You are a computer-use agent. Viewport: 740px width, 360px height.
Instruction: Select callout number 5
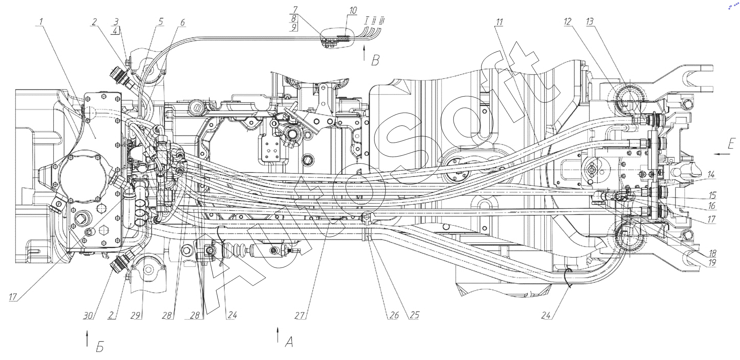pyautogui.click(x=161, y=21)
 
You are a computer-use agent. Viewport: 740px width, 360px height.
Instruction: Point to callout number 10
pyautogui.click(x=352, y=10)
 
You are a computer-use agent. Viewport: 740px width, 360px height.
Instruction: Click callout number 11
pyautogui.click(x=499, y=22)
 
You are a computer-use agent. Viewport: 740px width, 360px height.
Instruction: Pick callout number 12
pyautogui.click(x=568, y=22)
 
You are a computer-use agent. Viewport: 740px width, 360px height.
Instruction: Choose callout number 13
pyautogui.click(x=590, y=22)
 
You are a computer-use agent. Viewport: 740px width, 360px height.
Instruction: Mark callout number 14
pyautogui.click(x=711, y=175)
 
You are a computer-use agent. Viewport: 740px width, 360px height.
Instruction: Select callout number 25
pyautogui.click(x=414, y=315)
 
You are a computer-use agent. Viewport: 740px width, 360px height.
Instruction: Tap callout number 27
pyautogui.click(x=300, y=315)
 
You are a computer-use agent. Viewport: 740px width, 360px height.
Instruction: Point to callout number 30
pyautogui.click(x=88, y=316)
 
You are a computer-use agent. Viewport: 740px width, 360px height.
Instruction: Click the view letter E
pyautogui.click(x=731, y=144)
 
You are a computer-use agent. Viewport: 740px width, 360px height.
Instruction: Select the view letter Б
pyautogui.click(x=100, y=347)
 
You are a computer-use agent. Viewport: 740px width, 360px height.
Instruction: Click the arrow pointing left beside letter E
pyautogui.click(x=722, y=154)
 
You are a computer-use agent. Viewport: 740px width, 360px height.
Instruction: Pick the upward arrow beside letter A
pyautogui.click(x=278, y=335)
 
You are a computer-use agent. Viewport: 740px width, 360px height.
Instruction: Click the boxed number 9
pyautogui.click(x=294, y=28)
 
